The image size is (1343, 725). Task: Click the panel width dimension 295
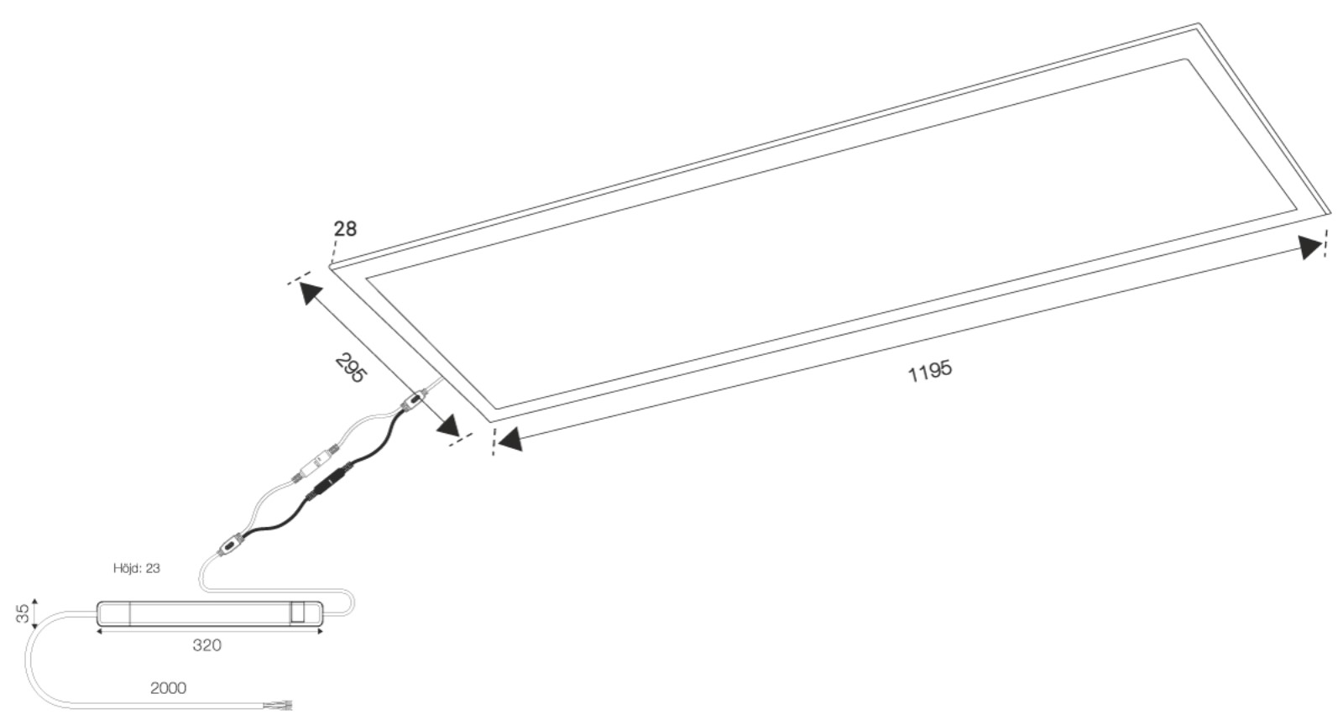tap(350, 368)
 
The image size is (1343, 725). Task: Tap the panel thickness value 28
tap(345, 228)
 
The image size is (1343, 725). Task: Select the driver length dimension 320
tap(207, 645)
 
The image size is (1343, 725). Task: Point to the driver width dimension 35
tap(24, 613)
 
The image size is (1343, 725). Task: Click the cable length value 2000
tap(168, 688)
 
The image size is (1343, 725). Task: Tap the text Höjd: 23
tap(137, 568)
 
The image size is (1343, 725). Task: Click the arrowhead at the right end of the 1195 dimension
tap(1310, 247)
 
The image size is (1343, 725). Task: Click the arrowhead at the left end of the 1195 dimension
tap(510, 440)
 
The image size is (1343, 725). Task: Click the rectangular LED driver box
tap(210, 613)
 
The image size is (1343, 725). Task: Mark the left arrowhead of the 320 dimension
tap(100, 632)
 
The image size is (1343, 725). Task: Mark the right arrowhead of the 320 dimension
tap(320, 632)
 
